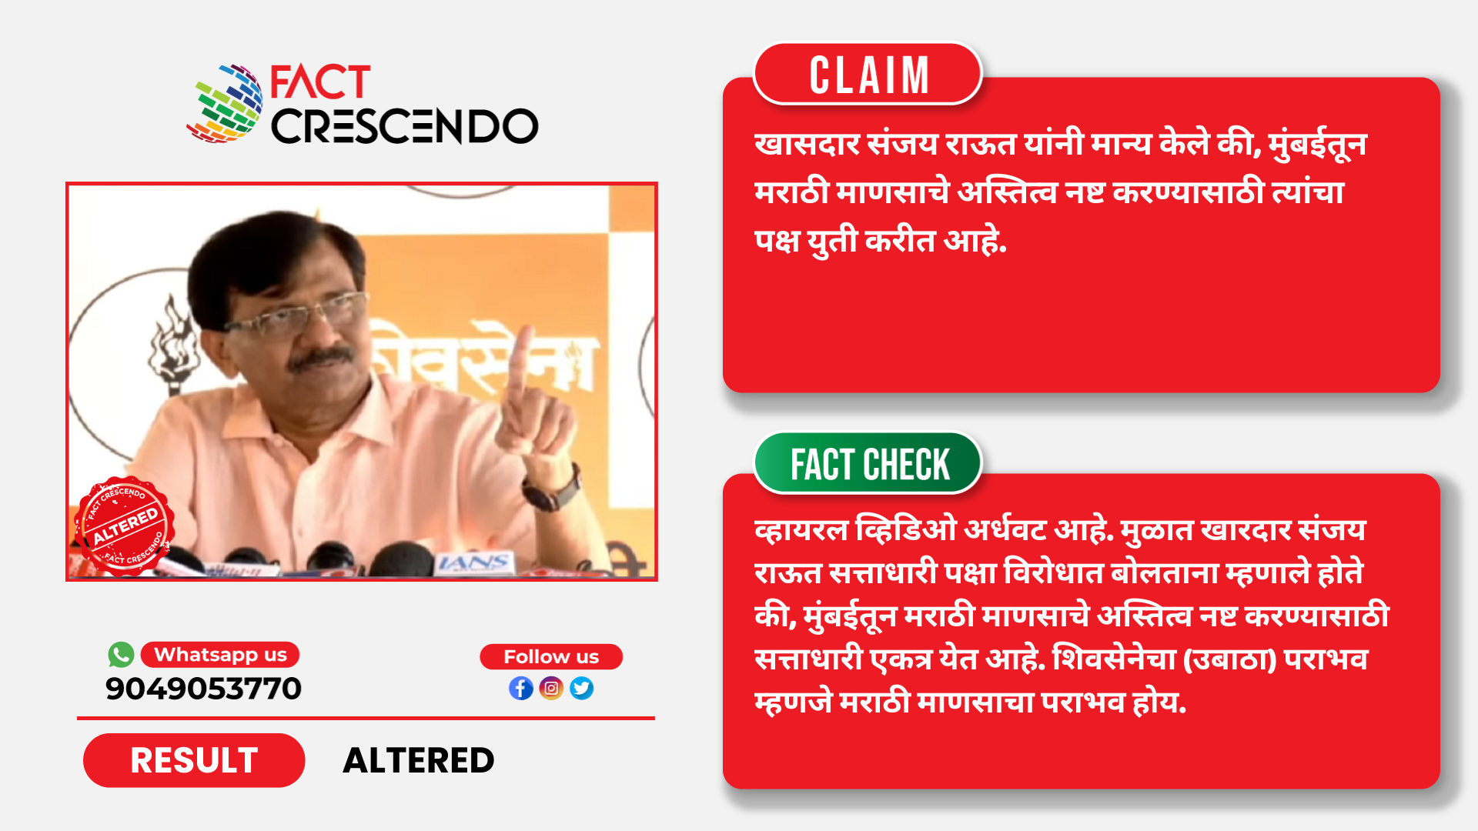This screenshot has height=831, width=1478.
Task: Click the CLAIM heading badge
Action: (868, 74)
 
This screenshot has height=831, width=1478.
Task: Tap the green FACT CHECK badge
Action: (868, 463)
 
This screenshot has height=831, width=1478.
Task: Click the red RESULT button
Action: (194, 760)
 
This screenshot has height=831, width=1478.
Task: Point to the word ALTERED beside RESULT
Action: (419, 760)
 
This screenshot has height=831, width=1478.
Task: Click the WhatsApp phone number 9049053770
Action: (203, 689)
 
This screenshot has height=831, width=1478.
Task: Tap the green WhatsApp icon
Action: (121, 655)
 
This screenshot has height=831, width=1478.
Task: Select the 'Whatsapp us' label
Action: (220, 655)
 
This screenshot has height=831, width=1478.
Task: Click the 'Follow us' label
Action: (551, 657)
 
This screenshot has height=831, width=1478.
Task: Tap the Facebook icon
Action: (521, 688)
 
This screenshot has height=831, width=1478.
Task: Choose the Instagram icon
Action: (551, 688)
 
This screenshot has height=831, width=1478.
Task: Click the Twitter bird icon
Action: (582, 688)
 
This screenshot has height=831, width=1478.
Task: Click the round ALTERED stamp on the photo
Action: (124, 526)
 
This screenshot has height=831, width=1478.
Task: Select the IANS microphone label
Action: (473, 563)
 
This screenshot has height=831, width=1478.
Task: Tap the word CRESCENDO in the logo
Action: (404, 125)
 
